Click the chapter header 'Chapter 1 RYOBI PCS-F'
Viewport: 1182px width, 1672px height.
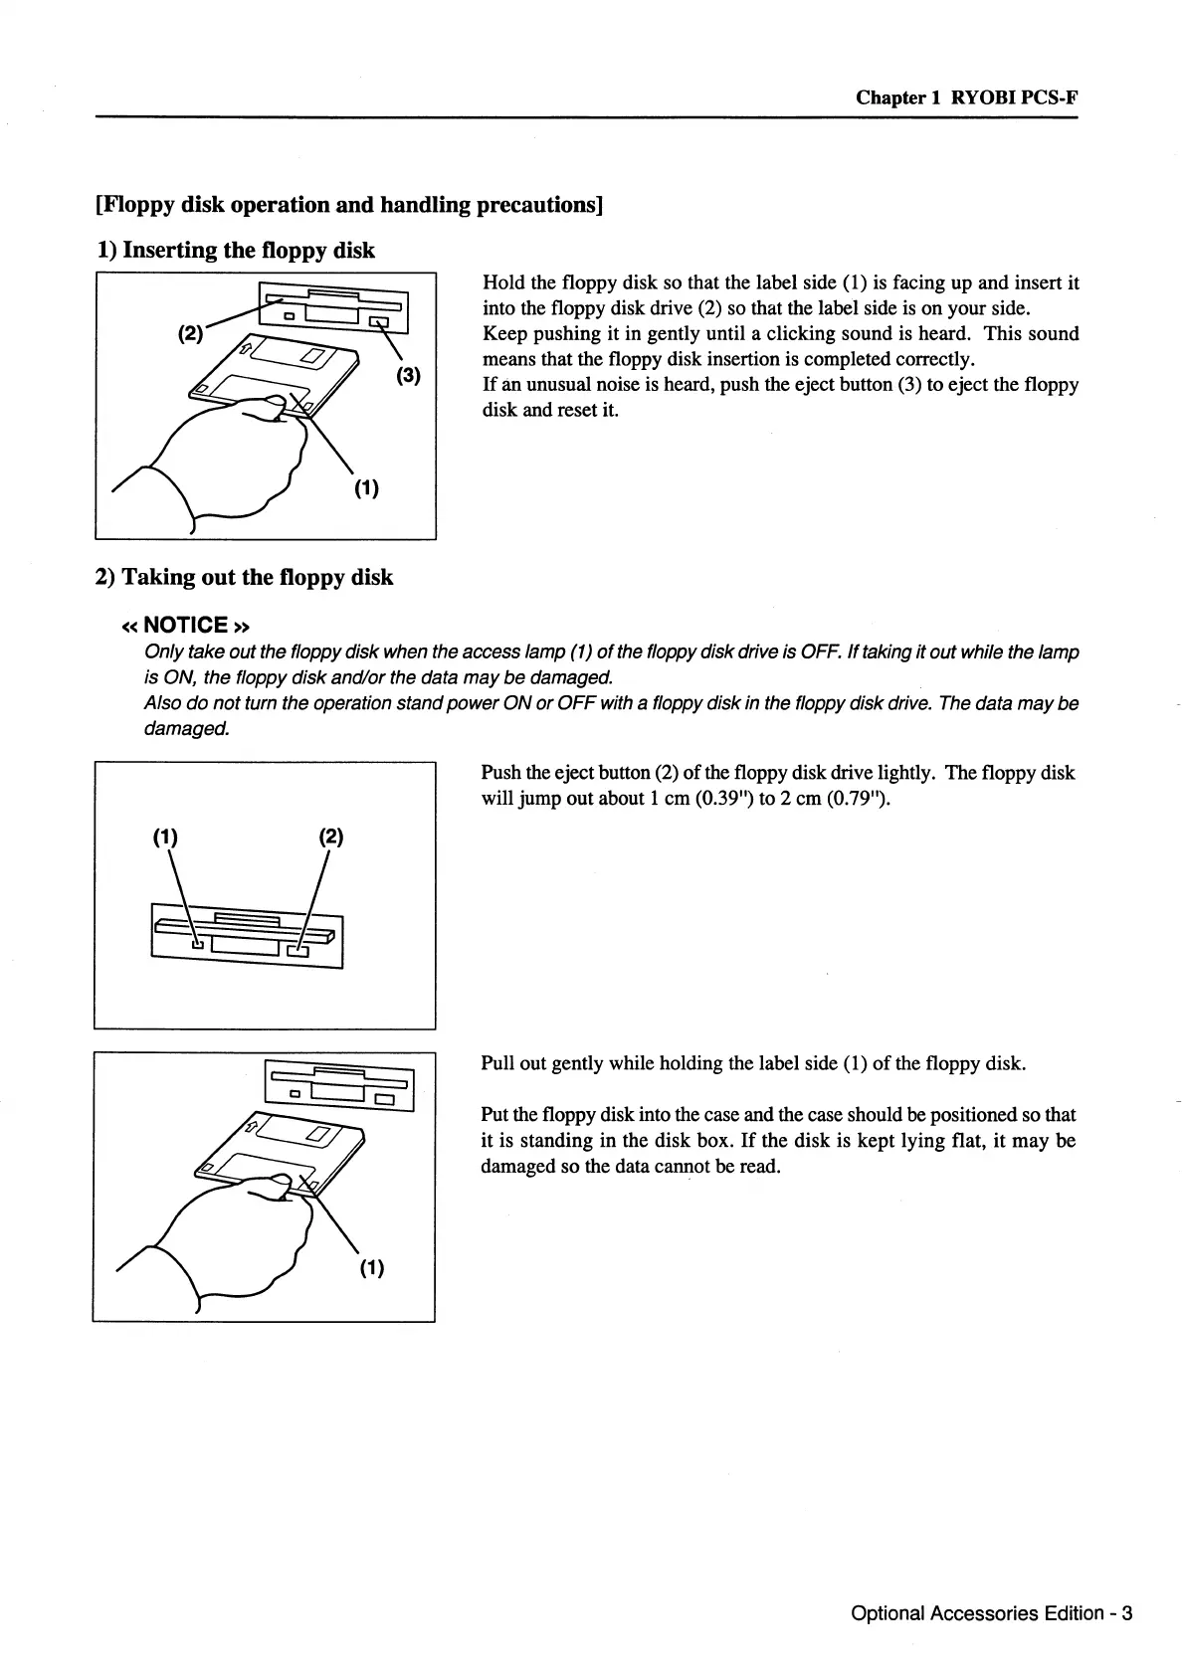point(966,97)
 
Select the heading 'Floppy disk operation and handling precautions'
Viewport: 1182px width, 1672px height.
point(349,205)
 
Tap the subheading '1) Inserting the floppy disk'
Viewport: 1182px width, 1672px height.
point(235,250)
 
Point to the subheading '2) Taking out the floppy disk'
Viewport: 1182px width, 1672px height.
point(244,577)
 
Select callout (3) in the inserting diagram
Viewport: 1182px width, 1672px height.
point(408,376)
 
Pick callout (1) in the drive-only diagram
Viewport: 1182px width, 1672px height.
point(164,837)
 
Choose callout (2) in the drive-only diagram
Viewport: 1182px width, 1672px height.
point(330,837)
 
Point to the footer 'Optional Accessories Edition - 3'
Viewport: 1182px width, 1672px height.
point(991,1613)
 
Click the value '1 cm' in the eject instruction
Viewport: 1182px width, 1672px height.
point(660,799)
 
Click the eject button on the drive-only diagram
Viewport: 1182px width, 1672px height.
point(298,952)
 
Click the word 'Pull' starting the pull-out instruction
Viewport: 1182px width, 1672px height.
point(497,1063)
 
